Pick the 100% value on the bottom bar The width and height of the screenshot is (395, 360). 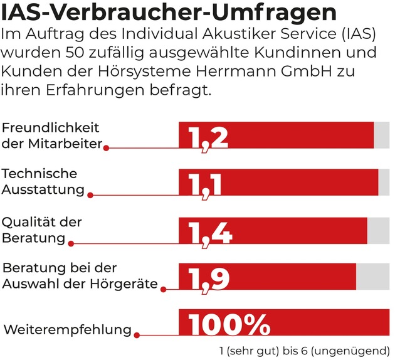pos(229,325)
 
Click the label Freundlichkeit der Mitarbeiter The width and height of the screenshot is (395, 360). pos(51,135)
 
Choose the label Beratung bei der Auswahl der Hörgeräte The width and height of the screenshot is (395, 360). pos(80,276)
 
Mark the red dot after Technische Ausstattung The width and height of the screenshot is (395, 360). pos(90,195)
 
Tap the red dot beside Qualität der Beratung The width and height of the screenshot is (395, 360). pos(71,243)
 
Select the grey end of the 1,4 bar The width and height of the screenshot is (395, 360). pos(378,231)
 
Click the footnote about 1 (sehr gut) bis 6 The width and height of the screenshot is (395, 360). pos(302,349)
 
